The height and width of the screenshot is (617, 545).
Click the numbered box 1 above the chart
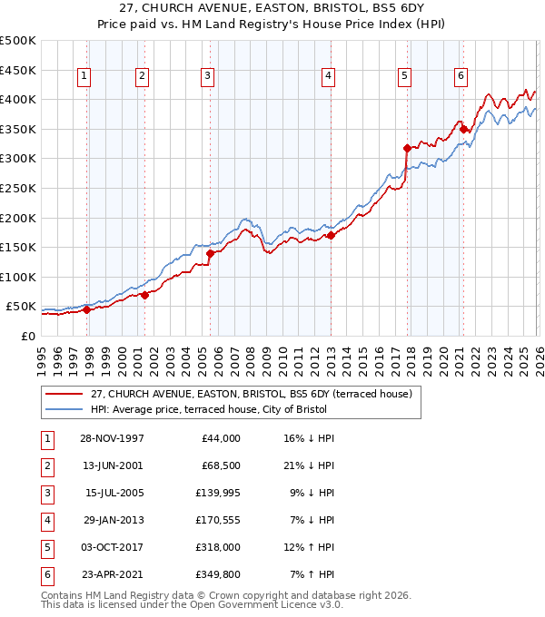(x=84, y=76)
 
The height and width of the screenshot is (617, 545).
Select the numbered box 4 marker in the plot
(x=327, y=76)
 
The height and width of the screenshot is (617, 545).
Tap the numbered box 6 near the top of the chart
(x=461, y=76)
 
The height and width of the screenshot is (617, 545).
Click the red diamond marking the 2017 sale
(x=407, y=147)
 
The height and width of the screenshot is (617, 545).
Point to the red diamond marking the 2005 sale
(x=210, y=254)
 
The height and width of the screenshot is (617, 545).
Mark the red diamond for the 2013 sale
(x=331, y=235)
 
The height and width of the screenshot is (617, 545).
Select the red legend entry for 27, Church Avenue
(x=252, y=394)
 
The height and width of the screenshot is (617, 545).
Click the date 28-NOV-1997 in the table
(x=112, y=438)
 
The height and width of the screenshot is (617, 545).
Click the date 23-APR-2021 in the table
(x=112, y=574)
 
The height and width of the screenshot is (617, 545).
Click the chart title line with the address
(x=272, y=10)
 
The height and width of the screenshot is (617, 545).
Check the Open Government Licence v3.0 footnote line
(x=193, y=604)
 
